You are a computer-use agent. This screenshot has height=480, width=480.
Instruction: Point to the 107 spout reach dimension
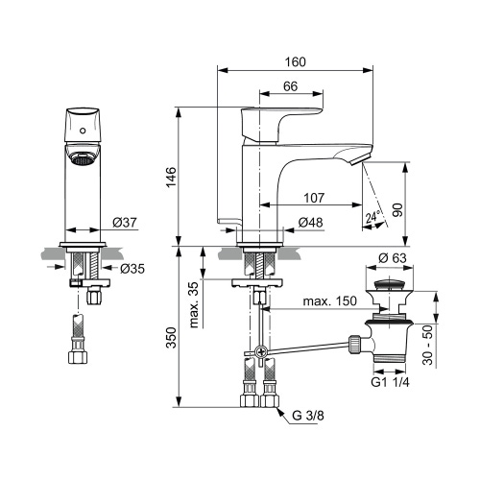tap(314, 199)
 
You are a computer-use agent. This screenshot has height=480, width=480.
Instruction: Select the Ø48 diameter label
tap(310, 223)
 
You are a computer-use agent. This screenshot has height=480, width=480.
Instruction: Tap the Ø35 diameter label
tap(132, 268)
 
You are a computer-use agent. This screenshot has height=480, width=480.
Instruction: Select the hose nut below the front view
tap(81, 360)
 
